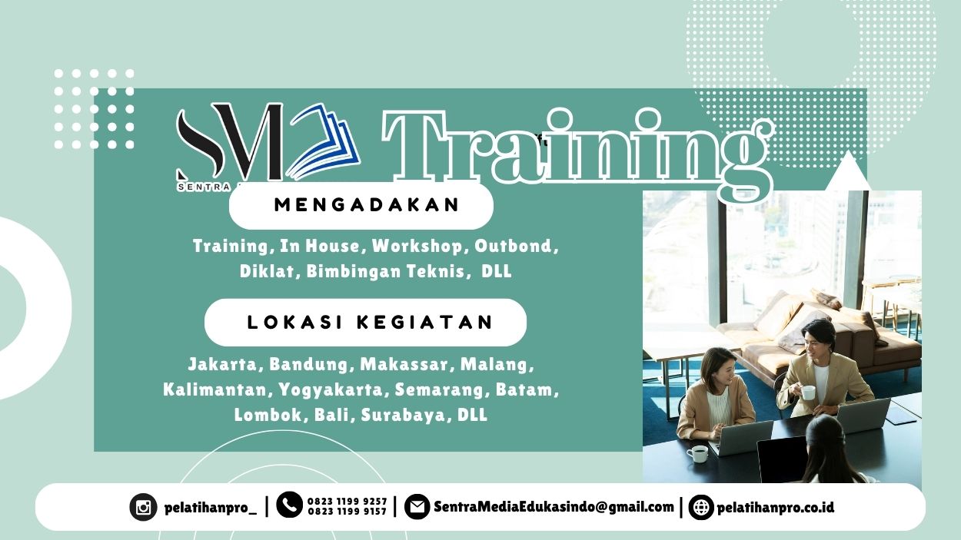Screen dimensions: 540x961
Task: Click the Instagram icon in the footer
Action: (143, 507)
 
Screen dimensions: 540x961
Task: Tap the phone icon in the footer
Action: (289, 505)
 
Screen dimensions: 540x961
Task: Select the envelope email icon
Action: (417, 507)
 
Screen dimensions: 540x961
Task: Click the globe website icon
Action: (700, 507)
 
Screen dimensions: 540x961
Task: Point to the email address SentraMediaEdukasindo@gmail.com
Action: (554, 507)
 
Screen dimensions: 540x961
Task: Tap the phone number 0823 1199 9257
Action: (347, 501)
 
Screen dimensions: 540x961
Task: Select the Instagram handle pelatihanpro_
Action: (210, 508)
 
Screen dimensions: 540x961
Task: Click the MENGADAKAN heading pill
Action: (361, 205)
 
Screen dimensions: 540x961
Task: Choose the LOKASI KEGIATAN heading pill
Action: (366, 322)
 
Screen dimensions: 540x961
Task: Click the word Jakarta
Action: (222, 363)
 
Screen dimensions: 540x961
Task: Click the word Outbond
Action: (514, 247)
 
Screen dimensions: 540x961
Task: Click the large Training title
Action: (577, 150)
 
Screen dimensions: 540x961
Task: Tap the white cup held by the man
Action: (808, 393)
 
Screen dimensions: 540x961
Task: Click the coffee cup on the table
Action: (697, 454)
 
